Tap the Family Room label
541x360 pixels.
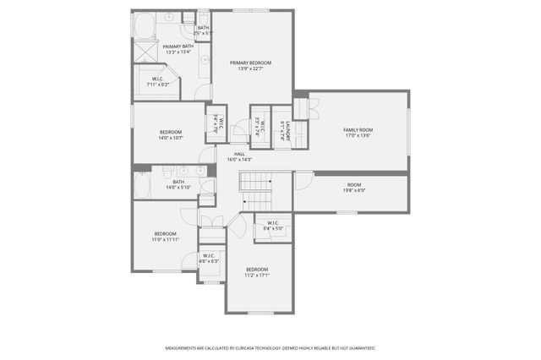click(358, 130)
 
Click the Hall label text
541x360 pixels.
click(240, 154)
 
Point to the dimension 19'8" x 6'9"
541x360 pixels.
click(354, 190)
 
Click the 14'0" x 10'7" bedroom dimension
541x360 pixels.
click(171, 138)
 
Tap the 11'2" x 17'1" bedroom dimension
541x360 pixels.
click(257, 275)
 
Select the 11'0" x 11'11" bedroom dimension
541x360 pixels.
click(165, 239)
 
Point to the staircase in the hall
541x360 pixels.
click(257, 182)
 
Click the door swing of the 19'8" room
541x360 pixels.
click(303, 180)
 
